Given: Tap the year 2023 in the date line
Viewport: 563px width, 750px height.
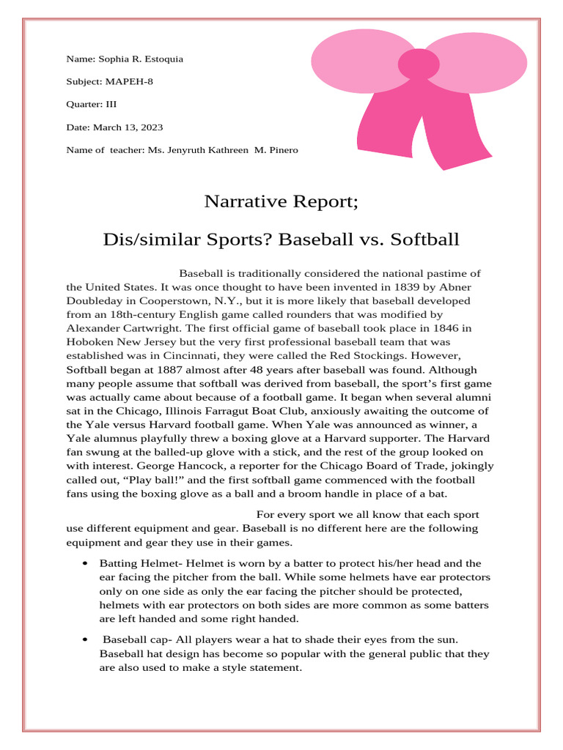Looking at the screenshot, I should pyautogui.click(x=151, y=127).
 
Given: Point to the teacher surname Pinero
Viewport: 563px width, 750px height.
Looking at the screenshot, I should pyautogui.click(x=283, y=150).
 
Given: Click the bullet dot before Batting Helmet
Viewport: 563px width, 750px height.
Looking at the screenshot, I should pyautogui.click(x=86, y=563).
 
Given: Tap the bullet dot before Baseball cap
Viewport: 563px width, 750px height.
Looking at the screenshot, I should pyautogui.click(x=86, y=640).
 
